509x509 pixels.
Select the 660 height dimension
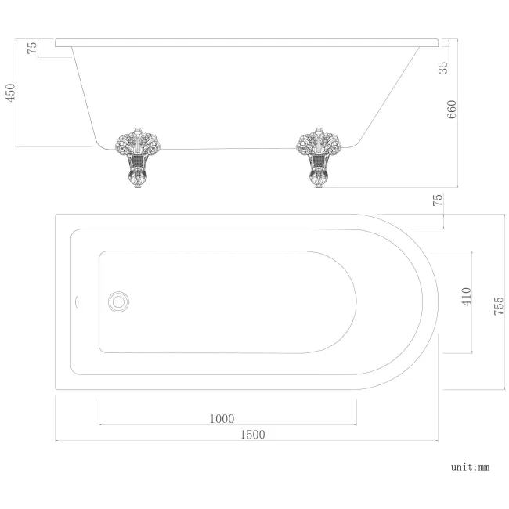click(452, 110)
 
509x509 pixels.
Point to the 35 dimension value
click(444, 66)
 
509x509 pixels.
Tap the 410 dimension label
click(467, 297)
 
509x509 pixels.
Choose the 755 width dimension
click(498, 301)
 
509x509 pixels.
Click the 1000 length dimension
click(222, 419)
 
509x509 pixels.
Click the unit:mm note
click(470, 467)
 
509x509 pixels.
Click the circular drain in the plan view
click(120, 300)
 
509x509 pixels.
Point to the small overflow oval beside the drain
click(77, 298)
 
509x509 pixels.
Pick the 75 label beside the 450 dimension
click(32, 47)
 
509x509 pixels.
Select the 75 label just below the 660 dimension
click(439, 200)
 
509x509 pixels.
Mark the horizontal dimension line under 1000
click(228, 425)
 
